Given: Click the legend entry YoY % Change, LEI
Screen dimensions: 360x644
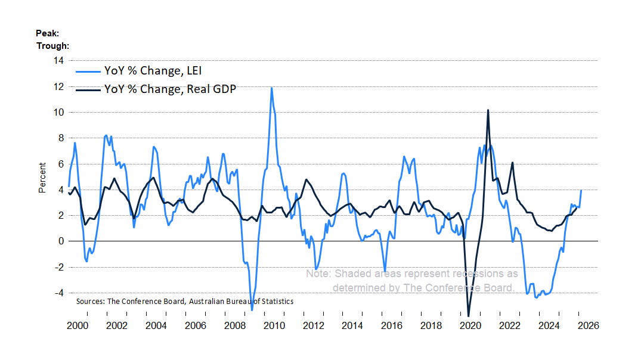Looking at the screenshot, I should pyautogui.click(x=153, y=72).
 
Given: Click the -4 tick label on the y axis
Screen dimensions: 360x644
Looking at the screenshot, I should pyautogui.click(x=60, y=293).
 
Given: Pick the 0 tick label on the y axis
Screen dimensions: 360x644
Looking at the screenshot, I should pyautogui.click(x=62, y=241).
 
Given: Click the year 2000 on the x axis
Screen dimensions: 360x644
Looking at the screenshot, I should pyautogui.click(x=78, y=326).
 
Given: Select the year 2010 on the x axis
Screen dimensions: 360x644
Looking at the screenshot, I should pyautogui.click(x=274, y=326).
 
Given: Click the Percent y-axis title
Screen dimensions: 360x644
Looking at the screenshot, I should pyautogui.click(x=42, y=178).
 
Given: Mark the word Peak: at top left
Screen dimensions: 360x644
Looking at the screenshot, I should pyautogui.click(x=47, y=33).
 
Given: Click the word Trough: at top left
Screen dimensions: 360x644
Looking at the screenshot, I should pyautogui.click(x=52, y=45).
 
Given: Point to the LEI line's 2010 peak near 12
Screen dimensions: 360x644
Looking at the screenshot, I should pyautogui.click(x=272, y=88).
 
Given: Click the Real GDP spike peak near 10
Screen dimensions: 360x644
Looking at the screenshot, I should pyautogui.click(x=488, y=110).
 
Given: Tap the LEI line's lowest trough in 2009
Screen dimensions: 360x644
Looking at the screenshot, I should pyautogui.click(x=252, y=310).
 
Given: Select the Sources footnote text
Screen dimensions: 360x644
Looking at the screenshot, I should pyautogui.click(x=185, y=302).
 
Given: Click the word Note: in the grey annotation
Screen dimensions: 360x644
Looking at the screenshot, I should pyautogui.click(x=319, y=274).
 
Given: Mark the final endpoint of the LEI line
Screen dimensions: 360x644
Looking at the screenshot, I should pyautogui.click(x=581, y=190).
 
